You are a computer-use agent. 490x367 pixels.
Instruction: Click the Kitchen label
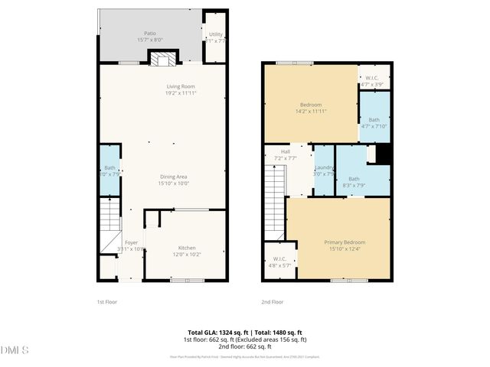coord(187,248)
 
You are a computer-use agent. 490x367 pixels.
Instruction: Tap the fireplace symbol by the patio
coord(162,58)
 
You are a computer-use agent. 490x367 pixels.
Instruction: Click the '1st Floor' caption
coord(107,301)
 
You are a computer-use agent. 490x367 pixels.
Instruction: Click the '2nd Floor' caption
coord(272,301)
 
